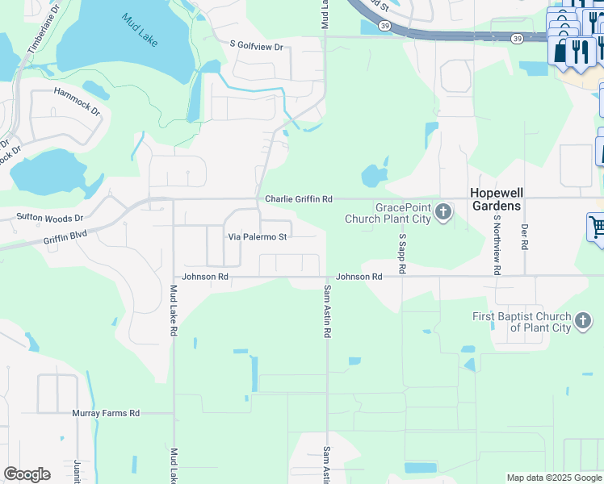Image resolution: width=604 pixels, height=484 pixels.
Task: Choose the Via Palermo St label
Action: pyautogui.click(x=258, y=237)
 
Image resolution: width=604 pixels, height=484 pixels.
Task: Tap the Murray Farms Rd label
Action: pyautogui.click(x=106, y=413)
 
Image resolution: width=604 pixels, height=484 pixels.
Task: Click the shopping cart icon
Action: pyautogui.click(x=597, y=227)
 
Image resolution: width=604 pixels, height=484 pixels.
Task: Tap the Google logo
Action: pyautogui.click(x=27, y=474)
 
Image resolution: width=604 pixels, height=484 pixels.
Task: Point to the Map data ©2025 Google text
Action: pyautogui.click(x=554, y=478)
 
